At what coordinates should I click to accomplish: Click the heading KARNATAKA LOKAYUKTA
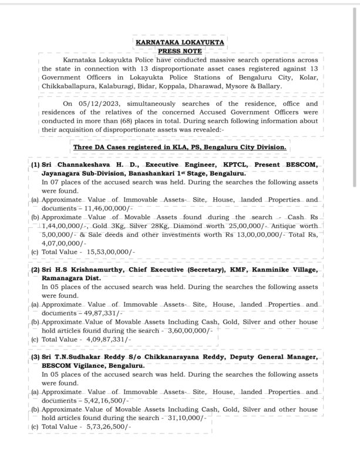pyautogui.click(x=180, y=43)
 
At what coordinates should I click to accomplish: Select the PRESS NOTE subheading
pyautogui.click(x=180, y=51)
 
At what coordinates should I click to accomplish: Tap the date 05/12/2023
pyautogui.click(x=98, y=103)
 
